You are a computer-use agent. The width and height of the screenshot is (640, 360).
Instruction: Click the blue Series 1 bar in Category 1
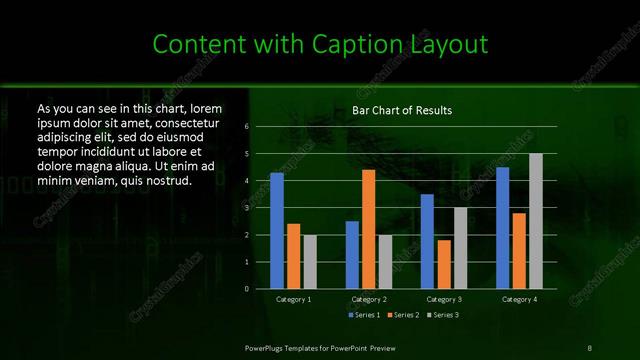[x=277, y=231]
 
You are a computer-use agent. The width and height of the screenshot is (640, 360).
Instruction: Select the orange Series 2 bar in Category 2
[x=368, y=229]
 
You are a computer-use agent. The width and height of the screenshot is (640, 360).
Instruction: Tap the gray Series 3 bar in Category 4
[x=535, y=221]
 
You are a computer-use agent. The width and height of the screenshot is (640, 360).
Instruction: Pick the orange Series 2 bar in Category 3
[x=443, y=264]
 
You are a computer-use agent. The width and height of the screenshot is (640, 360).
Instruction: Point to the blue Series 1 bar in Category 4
[x=502, y=228]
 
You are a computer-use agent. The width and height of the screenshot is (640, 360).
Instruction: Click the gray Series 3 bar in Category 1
[x=310, y=262]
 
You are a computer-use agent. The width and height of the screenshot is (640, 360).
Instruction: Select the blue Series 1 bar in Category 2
[x=352, y=255]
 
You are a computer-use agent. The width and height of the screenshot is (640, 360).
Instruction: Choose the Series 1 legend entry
[x=363, y=315]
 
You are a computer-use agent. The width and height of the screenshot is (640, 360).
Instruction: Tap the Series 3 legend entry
[x=443, y=315]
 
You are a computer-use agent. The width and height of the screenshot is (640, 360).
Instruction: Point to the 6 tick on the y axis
[x=246, y=128]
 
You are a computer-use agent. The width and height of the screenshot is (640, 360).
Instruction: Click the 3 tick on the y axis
[x=246, y=208]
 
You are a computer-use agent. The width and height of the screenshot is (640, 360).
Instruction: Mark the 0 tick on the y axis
[x=246, y=289]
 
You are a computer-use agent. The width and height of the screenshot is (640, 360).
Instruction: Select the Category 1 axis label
[x=293, y=299]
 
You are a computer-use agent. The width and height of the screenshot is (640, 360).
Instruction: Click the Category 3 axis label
[x=444, y=299]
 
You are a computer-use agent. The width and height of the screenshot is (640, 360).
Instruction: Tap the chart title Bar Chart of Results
[x=403, y=109]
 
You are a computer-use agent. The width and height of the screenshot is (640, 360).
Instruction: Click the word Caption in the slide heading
[x=359, y=44]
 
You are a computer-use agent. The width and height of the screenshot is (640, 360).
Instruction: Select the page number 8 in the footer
[x=590, y=347]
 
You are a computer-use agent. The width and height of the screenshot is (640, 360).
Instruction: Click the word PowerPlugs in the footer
[x=268, y=347]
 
